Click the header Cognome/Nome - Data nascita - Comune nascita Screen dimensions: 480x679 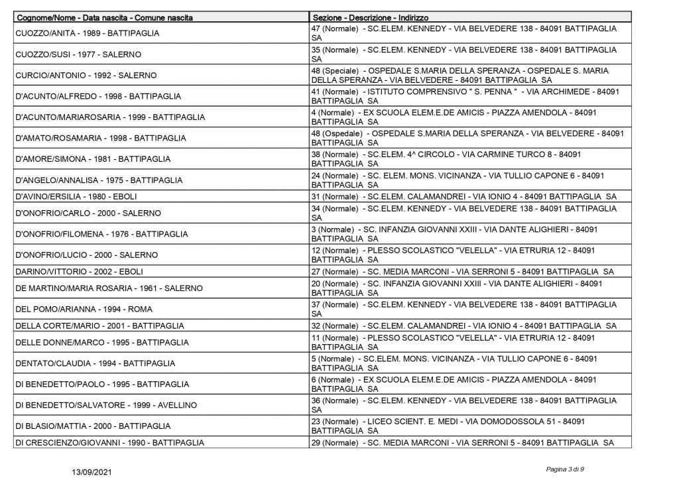click(104, 17)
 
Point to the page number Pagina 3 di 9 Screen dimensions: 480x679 click(565, 469)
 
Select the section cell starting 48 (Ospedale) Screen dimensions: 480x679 click(467, 138)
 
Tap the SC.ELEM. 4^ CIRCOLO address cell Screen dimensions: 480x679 click(446, 159)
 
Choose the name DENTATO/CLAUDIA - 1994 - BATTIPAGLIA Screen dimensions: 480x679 click(95, 363)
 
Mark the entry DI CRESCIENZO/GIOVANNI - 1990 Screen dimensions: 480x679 click(109, 442)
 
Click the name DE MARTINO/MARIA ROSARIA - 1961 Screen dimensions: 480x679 click(109, 288)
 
